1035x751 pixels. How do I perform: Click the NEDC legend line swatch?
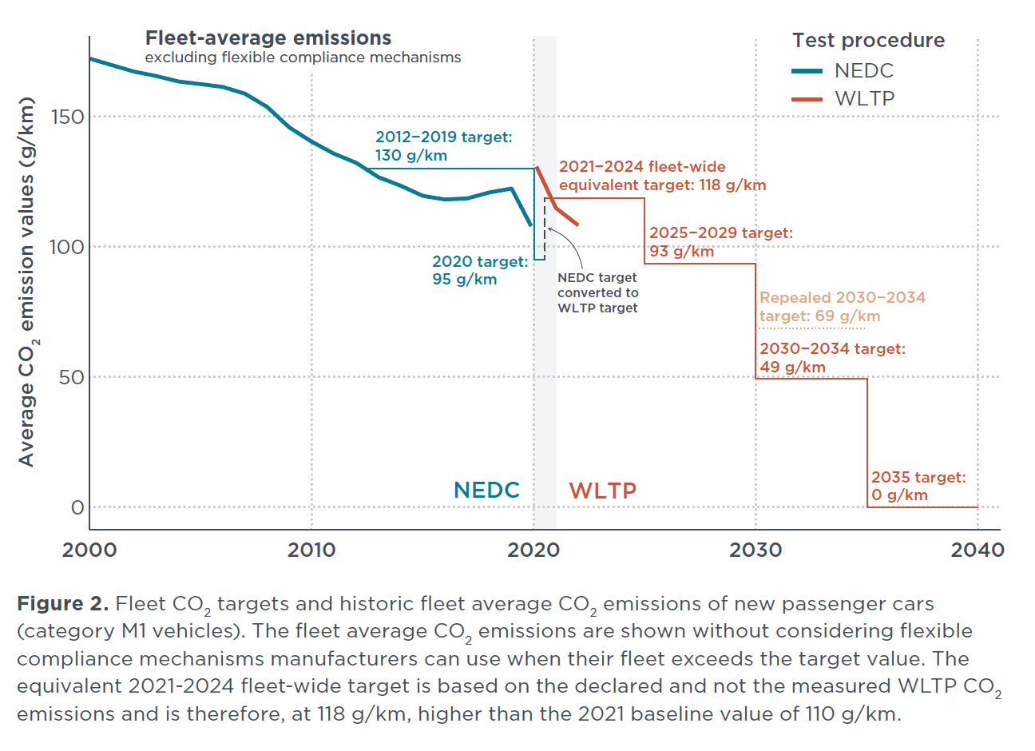[807, 71]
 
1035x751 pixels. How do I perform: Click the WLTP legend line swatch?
[807, 99]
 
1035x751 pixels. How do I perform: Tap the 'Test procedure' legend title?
[868, 41]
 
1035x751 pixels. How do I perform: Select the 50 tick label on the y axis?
[72, 377]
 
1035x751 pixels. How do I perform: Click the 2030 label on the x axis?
[755, 550]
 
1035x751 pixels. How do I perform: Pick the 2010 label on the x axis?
[311, 550]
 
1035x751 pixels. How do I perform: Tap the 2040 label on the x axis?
[978, 550]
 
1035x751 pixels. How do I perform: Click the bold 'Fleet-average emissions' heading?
[268, 38]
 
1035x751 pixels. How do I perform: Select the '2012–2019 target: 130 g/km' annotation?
[443, 146]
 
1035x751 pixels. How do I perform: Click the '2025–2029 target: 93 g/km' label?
[720, 242]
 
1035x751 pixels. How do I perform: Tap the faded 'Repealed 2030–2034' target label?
[842, 307]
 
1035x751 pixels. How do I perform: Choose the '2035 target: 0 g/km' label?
[918, 486]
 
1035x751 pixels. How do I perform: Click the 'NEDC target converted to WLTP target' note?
[597, 292]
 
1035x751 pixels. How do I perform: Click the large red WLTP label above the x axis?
[602, 491]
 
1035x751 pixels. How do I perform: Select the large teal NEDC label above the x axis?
[486, 491]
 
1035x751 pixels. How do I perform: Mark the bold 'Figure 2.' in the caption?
[62, 604]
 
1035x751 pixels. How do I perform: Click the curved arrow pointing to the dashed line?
[569, 245]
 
